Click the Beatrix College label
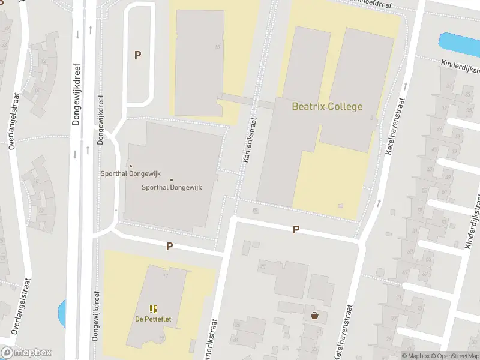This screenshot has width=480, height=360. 327,107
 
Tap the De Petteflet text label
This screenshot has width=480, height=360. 153,319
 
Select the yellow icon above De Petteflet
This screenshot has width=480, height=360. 153,309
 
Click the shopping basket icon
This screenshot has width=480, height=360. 314,316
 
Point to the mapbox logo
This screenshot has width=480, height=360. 26,353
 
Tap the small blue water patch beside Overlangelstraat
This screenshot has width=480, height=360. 61,312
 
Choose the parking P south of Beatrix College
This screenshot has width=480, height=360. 296,229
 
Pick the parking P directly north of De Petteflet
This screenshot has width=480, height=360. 169,246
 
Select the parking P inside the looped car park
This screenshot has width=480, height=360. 137,55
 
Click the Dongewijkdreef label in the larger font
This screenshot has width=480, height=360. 76,95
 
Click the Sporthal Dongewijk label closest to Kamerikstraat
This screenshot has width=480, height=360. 172,187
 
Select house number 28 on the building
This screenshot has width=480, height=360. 262,265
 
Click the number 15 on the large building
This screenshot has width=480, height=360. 217,46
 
